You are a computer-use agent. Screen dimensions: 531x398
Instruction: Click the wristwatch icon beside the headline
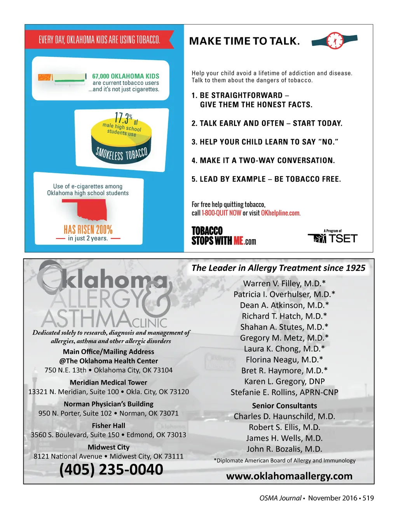pyautogui.click(x=335, y=40)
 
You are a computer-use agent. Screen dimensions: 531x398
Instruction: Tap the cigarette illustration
pyautogui.click(x=62, y=78)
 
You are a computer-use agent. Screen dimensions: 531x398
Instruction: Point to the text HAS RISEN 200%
pyautogui.click(x=88, y=230)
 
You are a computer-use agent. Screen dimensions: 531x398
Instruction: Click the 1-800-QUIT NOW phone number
pyautogui.click(x=222, y=213)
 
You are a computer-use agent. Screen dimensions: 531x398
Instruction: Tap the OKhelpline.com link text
pyautogui.click(x=281, y=213)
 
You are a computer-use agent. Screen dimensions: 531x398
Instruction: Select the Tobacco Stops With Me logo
pyautogui.click(x=223, y=236)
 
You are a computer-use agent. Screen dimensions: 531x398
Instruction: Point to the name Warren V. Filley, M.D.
pyautogui.click(x=284, y=284)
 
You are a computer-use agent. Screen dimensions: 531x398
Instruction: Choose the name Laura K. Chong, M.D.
pyautogui.click(x=284, y=349)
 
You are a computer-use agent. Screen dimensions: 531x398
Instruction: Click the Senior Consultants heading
pyautogui.click(x=285, y=406)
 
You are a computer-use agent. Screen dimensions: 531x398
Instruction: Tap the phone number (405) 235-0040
pyautogui.click(x=111, y=470)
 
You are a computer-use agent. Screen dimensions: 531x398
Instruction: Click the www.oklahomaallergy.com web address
pyautogui.click(x=289, y=476)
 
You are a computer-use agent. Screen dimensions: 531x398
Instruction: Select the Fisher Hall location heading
pyautogui.click(x=108, y=426)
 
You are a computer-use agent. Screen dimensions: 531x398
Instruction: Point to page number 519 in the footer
pyautogui.click(x=368, y=498)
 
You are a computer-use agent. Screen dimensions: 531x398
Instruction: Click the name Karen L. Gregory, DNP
pyautogui.click(x=284, y=382)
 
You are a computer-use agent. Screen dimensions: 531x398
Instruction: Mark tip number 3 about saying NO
pyautogui.click(x=265, y=142)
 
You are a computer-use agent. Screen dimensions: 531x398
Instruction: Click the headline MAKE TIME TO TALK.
pyautogui.click(x=244, y=41)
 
